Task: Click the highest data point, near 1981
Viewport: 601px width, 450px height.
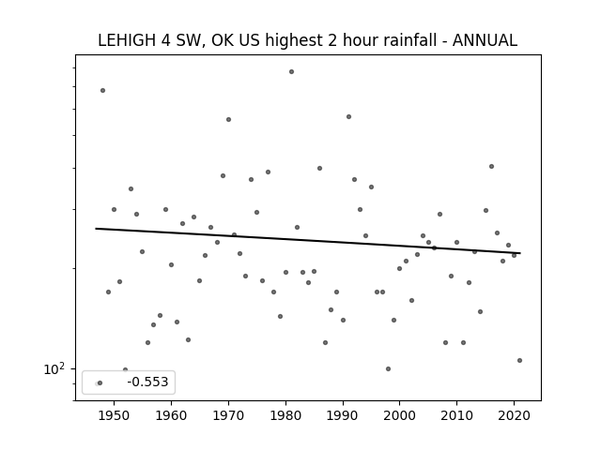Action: tap(291, 71)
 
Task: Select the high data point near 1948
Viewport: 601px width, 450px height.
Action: tap(102, 90)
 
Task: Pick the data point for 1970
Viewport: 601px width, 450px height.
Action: tap(228, 119)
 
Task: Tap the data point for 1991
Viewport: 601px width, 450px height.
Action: tap(348, 116)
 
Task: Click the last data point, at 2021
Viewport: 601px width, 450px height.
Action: tap(519, 360)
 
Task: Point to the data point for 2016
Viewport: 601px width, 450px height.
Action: tap(491, 167)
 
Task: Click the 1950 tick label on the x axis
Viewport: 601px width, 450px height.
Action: tap(114, 415)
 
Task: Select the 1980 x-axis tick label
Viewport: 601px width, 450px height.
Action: tap(285, 415)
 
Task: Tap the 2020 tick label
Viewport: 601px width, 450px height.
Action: tap(514, 415)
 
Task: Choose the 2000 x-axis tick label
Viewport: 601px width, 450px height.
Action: tap(399, 415)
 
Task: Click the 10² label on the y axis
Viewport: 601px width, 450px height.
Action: tap(54, 368)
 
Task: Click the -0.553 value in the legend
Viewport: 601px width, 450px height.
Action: tap(147, 382)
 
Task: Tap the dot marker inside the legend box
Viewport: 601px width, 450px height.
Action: tap(100, 382)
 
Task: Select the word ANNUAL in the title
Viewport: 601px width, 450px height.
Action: tap(485, 40)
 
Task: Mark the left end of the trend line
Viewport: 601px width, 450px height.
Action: tap(96, 229)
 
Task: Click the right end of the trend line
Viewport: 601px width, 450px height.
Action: tap(520, 253)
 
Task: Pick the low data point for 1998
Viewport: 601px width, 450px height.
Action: tap(388, 368)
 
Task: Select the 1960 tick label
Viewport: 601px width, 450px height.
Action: tap(171, 415)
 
